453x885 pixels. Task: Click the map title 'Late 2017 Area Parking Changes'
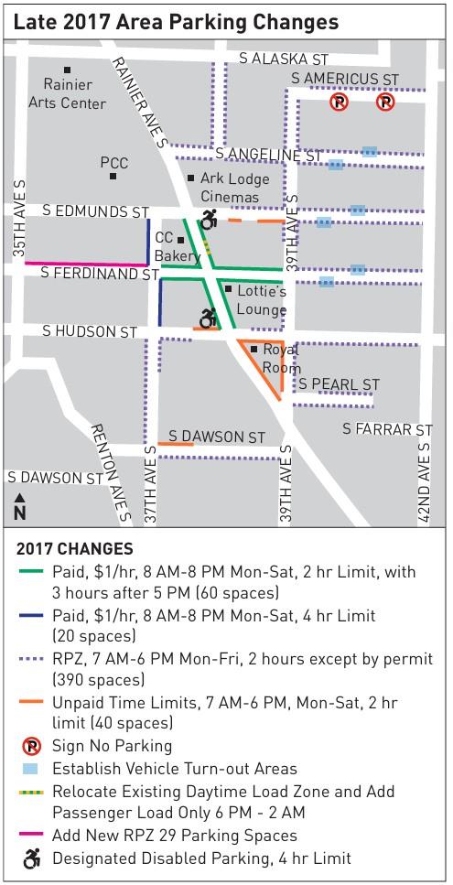coord(176,21)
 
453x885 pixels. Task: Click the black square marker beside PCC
coord(112,176)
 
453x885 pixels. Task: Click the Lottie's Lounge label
coord(261,300)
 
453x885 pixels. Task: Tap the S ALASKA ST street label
coord(283,59)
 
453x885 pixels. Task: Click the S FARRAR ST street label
coord(387,429)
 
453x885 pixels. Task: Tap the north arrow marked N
coord(20,505)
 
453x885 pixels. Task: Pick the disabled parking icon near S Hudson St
coord(209,318)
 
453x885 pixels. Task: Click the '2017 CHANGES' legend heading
coord(75,550)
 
